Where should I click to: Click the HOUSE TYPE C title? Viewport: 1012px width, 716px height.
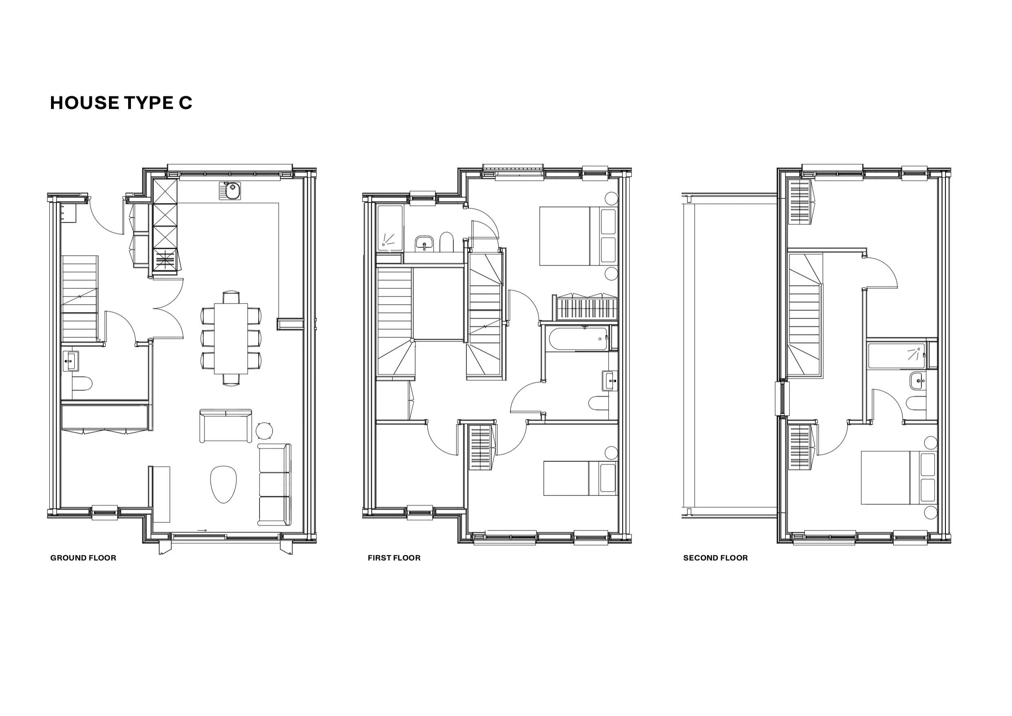[121, 103]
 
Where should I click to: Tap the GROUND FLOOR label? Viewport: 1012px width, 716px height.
[83, 558]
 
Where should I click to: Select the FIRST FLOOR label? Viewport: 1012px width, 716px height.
[394, 558]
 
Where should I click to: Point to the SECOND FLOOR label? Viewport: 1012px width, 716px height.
[715, 558]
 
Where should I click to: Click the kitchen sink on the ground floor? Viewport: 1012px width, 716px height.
[230, 191]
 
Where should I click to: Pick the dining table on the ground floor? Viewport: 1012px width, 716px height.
[231, 339]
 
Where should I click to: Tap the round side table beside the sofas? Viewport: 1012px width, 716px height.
[264, 431]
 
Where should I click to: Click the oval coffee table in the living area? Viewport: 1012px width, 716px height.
[224, 484]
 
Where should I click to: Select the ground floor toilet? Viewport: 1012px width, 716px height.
[82, 383]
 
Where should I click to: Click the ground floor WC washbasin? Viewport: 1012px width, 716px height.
[70, 361]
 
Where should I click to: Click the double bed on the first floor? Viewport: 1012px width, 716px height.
[579, 236]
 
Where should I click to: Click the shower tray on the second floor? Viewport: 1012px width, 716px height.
[897, 356]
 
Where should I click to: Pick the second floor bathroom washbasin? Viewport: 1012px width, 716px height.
[918, 381]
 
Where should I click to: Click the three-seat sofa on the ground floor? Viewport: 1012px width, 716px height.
[274, 485]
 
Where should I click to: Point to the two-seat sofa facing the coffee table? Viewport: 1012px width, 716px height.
[226, 426]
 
